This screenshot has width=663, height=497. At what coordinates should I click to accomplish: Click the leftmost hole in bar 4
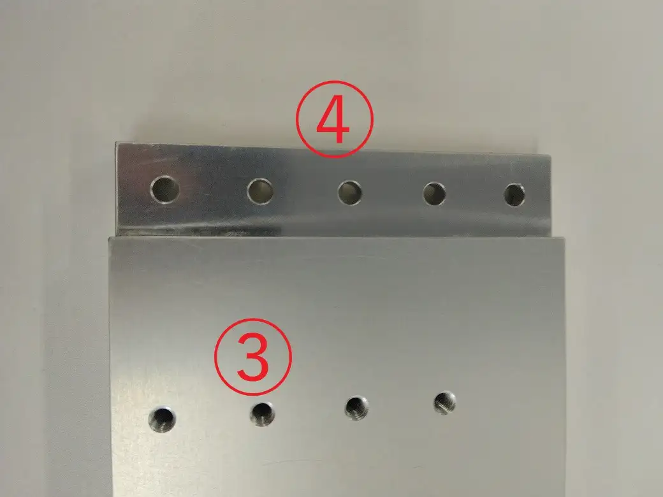(165, 189)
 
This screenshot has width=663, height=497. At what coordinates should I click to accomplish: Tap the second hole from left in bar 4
(260, 191)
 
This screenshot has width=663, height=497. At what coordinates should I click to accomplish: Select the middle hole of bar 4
(350, 192)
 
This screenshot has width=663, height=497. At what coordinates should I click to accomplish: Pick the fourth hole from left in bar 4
(434, 194)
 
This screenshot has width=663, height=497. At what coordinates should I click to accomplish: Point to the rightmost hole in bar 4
(514, 195)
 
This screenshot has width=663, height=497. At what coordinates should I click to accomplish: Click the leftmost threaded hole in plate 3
(163, 419)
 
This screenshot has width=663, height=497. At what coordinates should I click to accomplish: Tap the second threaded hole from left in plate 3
(262, 414)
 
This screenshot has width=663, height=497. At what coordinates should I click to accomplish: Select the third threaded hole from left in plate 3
(357, 408)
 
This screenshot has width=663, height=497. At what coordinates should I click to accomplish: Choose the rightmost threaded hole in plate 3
(445, 403)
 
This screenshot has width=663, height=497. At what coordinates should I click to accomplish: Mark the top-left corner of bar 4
(118, 143)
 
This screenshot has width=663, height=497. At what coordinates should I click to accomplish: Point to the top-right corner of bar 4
(551, 155)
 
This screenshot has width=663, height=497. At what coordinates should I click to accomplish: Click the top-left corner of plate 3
(110, 238)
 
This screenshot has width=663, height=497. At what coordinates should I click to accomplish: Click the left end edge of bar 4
(117, 189)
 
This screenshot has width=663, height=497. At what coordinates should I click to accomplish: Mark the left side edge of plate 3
(111, 367)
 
